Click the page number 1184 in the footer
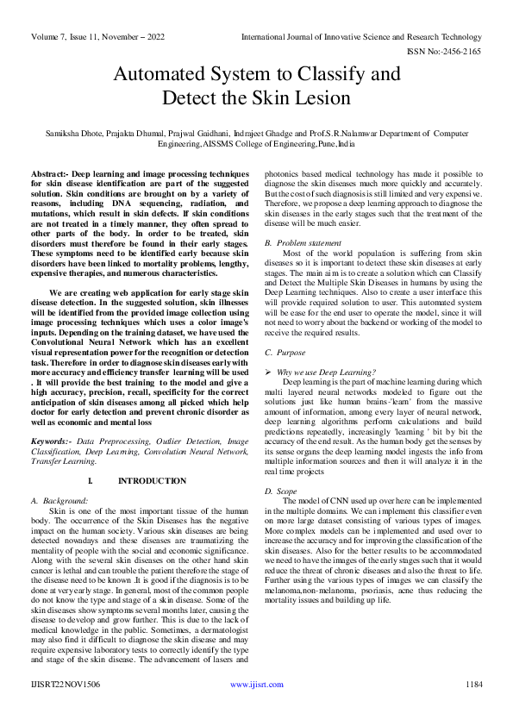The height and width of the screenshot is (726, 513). pos(472,684)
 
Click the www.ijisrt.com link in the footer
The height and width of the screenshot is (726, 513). pos(256,684)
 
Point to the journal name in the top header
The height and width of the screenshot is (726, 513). pos(361,37)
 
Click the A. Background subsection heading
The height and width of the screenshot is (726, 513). pos(65,500)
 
